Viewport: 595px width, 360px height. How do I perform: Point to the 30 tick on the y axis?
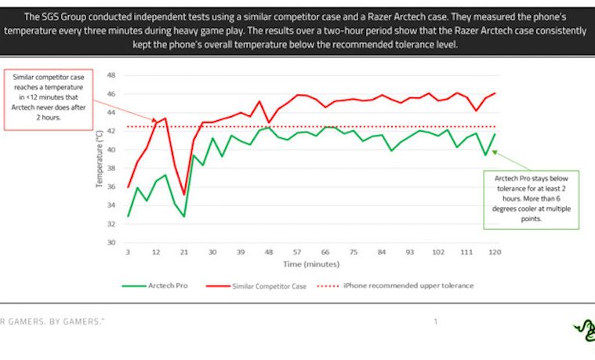click(111, 242)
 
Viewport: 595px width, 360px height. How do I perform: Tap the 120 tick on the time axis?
click(494, 253)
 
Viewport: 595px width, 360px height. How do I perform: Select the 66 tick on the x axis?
click(325, 253)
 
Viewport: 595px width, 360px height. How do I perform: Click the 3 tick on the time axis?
click(128, 253)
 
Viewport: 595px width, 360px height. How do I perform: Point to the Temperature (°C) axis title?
click(100, 160)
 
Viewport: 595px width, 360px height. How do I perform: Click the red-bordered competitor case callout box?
click(49, 100)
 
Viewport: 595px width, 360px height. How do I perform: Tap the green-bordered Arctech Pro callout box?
click(531, 199)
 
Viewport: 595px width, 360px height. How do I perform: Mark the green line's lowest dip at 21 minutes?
click(184, 216)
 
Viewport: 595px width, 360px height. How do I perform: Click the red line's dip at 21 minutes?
click(184, 194)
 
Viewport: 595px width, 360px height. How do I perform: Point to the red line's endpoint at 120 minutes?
click(495, 93)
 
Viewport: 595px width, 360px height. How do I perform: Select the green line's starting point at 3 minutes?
click(128, 216)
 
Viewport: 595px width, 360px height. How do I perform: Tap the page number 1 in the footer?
click(435, 322)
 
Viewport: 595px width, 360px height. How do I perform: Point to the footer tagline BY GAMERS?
click(78, 322)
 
